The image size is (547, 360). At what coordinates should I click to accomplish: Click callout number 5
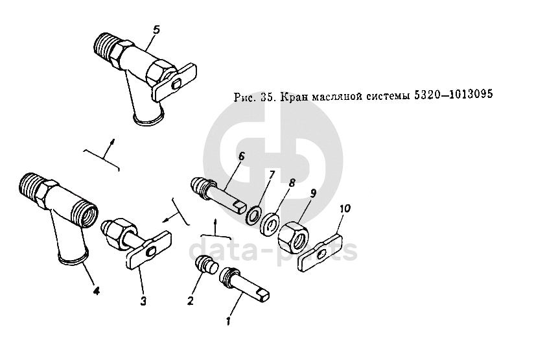coord(156,30)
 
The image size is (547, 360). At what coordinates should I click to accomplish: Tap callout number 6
coord(241,157)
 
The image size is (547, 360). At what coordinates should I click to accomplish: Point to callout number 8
coord(292,182)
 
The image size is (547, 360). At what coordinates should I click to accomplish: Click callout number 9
coord(313,193)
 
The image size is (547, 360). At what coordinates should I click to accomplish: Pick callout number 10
coord(345,208)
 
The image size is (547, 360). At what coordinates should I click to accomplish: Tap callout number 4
coord(97,290)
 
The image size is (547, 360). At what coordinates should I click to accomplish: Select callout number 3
coord(143,300)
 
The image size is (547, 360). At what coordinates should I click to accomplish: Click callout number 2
coord(190,300)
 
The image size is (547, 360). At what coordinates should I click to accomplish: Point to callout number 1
coord(228,320)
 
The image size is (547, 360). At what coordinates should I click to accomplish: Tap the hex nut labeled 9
coord(293,235)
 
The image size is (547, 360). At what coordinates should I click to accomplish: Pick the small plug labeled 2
coord(205,265)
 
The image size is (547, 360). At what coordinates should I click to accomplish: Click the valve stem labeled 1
coord(244,284)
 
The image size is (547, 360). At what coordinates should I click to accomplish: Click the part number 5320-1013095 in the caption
coord(453,94)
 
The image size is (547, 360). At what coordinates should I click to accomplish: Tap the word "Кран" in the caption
coord(294,97)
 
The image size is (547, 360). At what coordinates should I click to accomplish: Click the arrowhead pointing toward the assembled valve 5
coord(112,141)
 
